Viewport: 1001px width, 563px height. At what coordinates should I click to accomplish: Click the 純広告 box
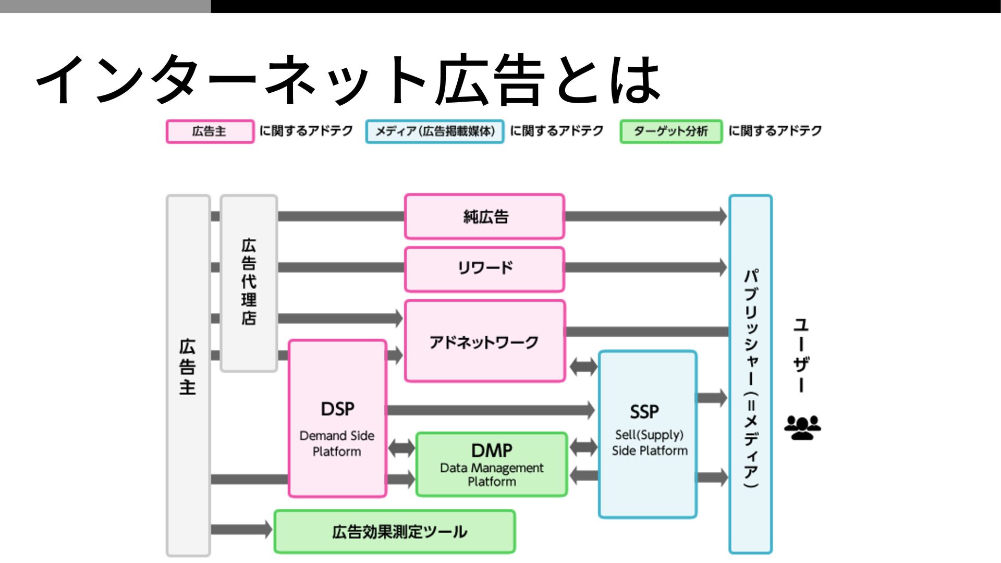484,216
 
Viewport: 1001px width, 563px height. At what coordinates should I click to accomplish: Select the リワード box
484,269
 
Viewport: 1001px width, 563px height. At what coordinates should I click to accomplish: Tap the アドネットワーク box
484,341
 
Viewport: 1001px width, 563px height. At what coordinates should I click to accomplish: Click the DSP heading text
337,409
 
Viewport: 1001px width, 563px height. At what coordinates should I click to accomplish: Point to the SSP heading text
644,412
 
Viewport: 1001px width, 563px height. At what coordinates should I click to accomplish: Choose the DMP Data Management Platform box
491,464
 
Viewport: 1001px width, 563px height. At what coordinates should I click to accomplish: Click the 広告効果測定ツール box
395,532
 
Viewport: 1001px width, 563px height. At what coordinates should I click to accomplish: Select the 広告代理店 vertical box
249,283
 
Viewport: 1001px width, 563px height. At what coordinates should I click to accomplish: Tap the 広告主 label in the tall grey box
188,367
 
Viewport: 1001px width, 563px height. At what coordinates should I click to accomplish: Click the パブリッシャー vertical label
751,378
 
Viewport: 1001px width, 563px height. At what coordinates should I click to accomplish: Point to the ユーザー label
801,355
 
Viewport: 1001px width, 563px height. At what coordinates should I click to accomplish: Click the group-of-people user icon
802,427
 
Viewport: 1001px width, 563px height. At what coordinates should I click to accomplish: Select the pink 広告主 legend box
210,131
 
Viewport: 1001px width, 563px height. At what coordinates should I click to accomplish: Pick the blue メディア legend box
435,131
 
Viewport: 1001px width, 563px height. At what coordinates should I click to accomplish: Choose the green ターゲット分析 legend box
671,131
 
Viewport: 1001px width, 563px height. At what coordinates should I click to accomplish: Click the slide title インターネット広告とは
348,80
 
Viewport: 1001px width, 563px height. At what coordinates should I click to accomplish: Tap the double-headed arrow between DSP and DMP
401,447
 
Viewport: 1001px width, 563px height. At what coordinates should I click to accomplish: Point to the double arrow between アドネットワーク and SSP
583,366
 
